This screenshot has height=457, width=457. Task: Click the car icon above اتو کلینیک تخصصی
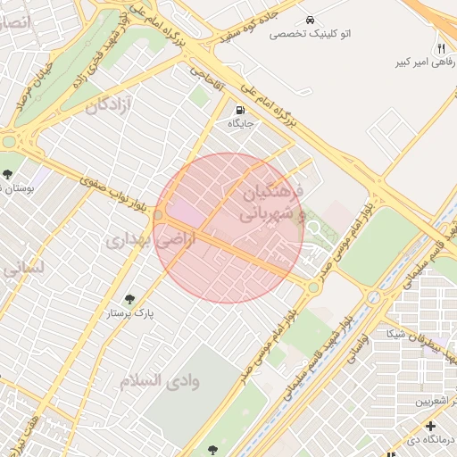[x=309, y=20]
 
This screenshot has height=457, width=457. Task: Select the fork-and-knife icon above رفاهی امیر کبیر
[x=440, y=47]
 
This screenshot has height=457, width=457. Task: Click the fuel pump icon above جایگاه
[x=238, y=111]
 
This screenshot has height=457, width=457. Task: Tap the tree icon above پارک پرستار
[x=130, y=299]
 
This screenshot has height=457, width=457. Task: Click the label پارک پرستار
[x=131, y=314]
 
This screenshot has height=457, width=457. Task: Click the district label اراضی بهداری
[x=137, y=239]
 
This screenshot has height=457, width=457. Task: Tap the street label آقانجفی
[x=205, y=87]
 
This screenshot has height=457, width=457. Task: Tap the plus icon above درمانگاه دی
[x=430, y=426]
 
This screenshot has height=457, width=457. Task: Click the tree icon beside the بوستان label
[x=8, y=174]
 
